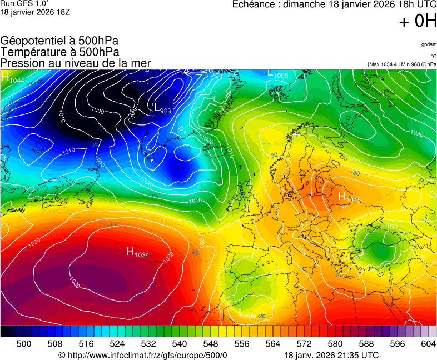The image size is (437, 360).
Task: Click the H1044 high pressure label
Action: (x=12, y=78)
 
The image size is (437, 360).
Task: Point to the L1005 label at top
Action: (x=277, y=74)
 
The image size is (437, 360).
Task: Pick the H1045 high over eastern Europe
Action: (x=349, y=197)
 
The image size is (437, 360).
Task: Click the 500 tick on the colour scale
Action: (x=24, y=344)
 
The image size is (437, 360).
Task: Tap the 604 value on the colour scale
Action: (x=428, y=344)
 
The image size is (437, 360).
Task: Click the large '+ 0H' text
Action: (x=418, y=21)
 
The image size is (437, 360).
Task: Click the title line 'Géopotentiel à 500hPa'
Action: (x=59, y=41)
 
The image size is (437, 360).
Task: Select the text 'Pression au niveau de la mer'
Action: (x=76, y=63)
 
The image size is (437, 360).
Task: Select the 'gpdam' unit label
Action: (x=429, y=44)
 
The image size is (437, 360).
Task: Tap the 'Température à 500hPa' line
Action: (x=60, y=52)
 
